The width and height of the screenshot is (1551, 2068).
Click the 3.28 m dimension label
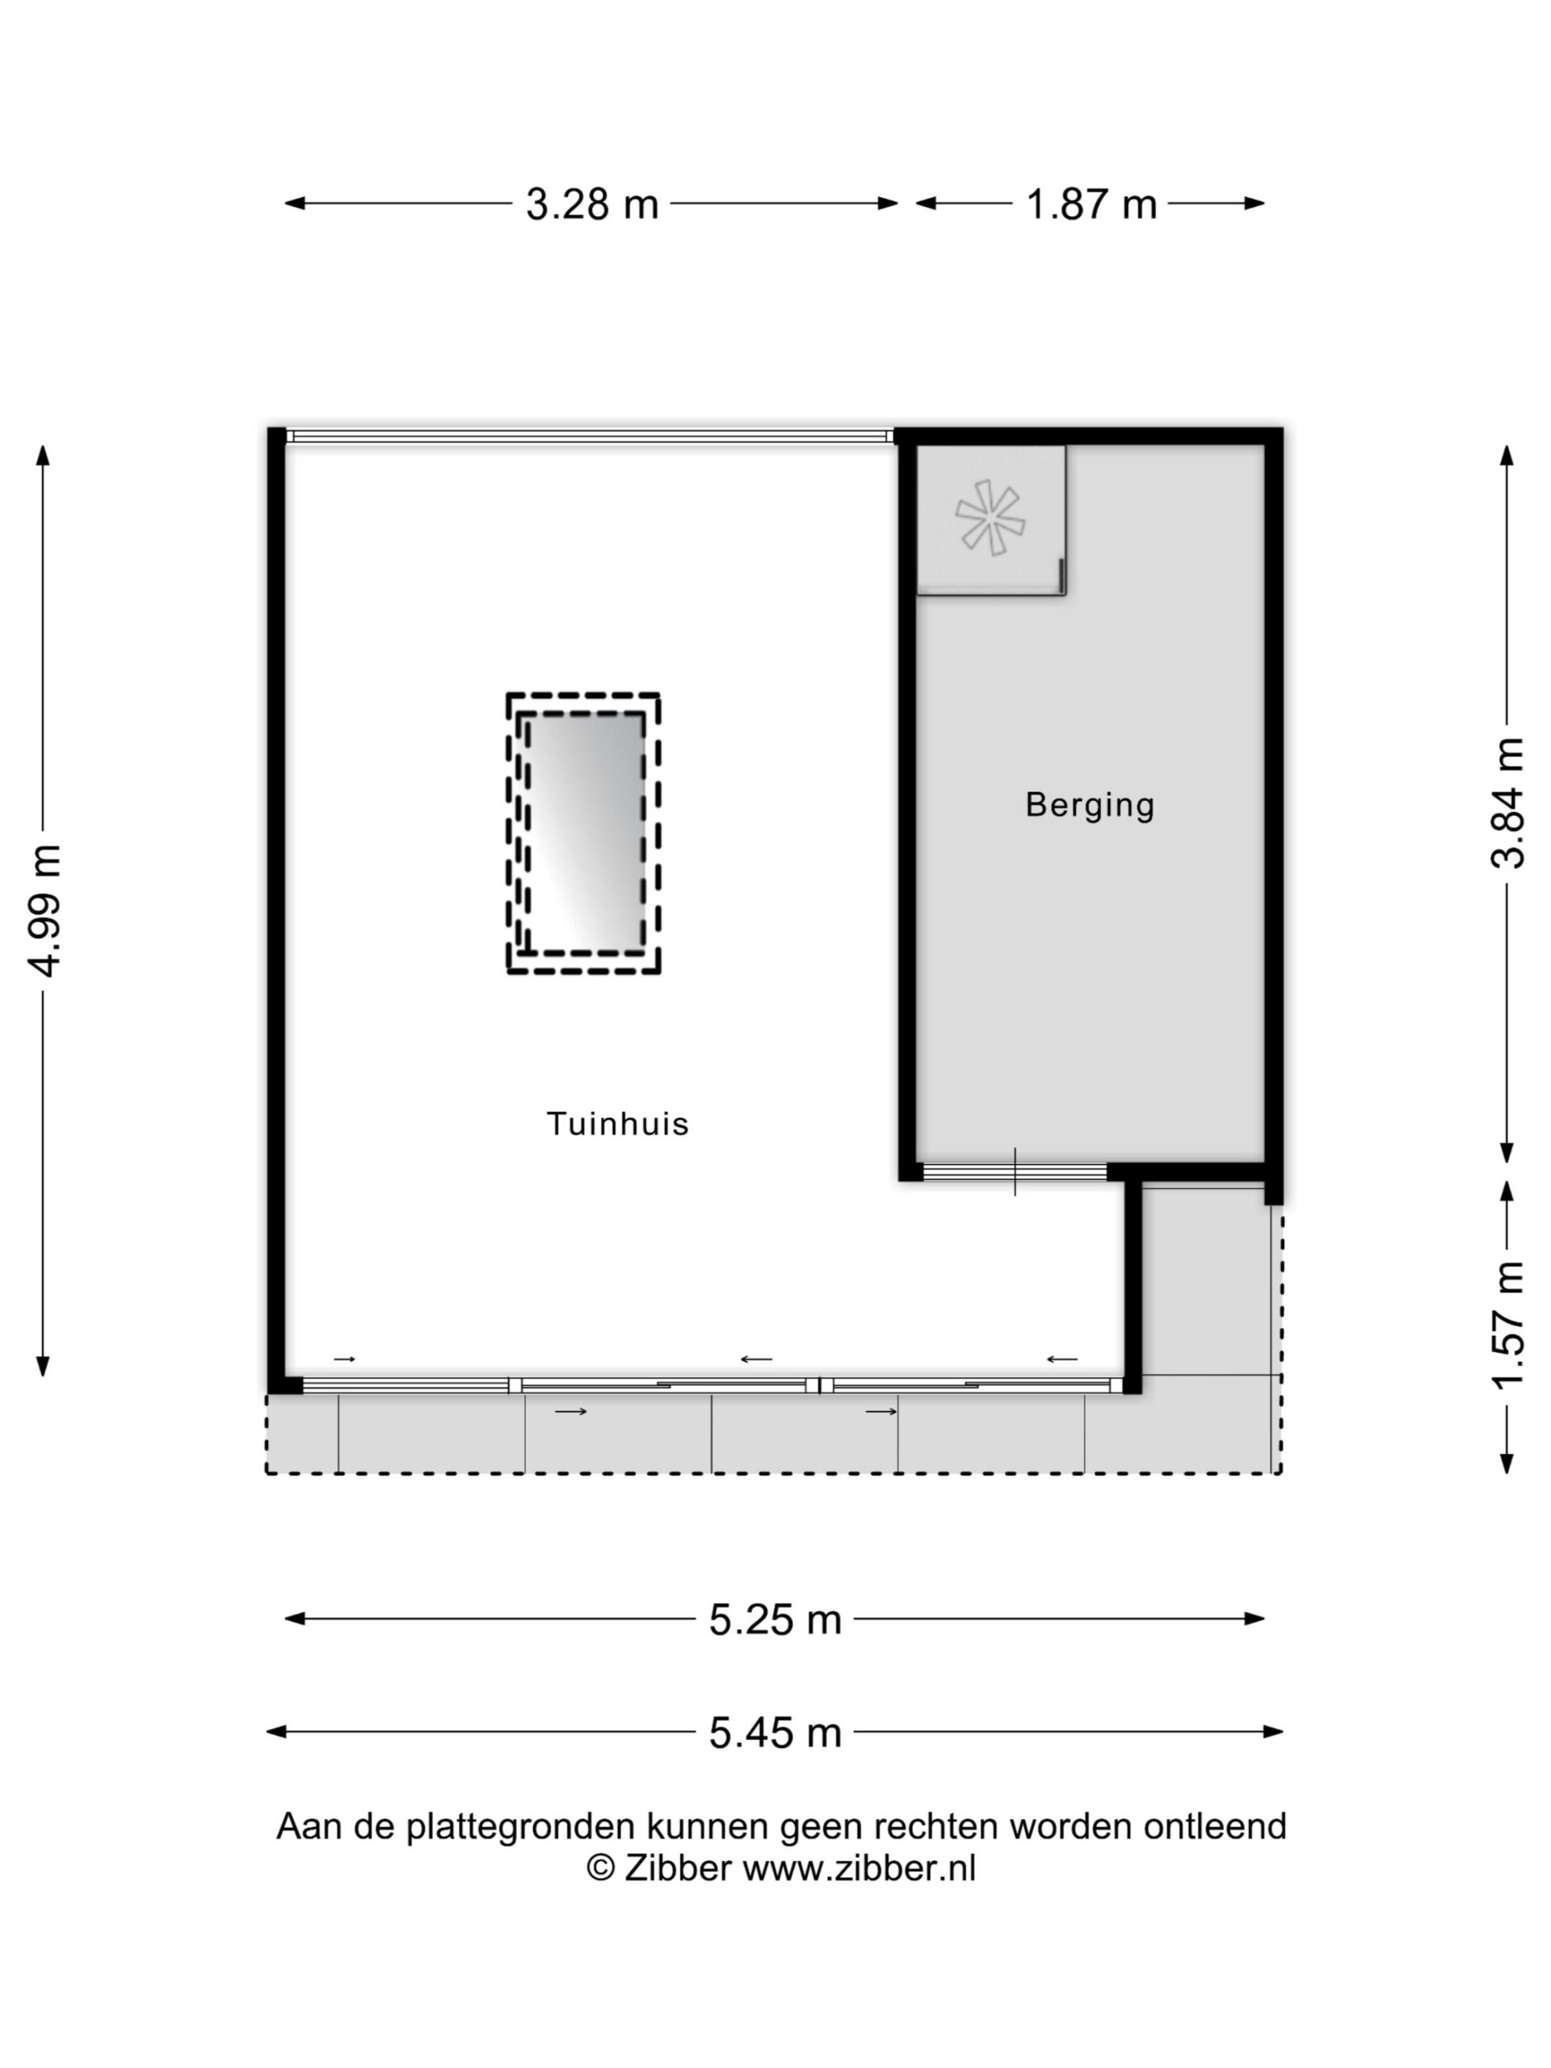point(592,204)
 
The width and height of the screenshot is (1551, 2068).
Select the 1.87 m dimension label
point(1091,204)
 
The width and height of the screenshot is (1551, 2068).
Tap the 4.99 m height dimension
point(45,910)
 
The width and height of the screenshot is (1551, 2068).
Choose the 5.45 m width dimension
point(775,1734)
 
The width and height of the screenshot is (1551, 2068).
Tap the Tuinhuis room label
point(617,1124)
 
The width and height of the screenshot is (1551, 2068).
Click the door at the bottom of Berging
point(1015,1171)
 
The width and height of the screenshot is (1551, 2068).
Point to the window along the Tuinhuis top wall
point(589,435)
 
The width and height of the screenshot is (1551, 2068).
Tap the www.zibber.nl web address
point(860,1868)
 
